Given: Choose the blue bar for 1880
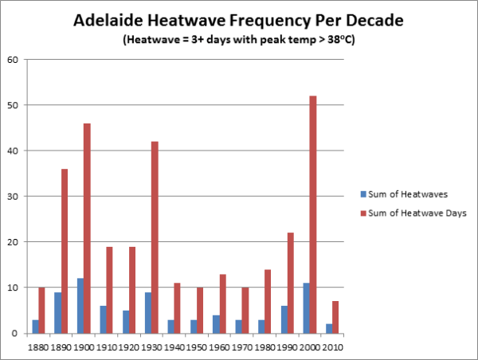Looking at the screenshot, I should click(x=34, y=327).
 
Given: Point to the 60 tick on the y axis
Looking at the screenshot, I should click(x=14, y=60).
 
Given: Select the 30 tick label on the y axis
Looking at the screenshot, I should click(x=14, y=196).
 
